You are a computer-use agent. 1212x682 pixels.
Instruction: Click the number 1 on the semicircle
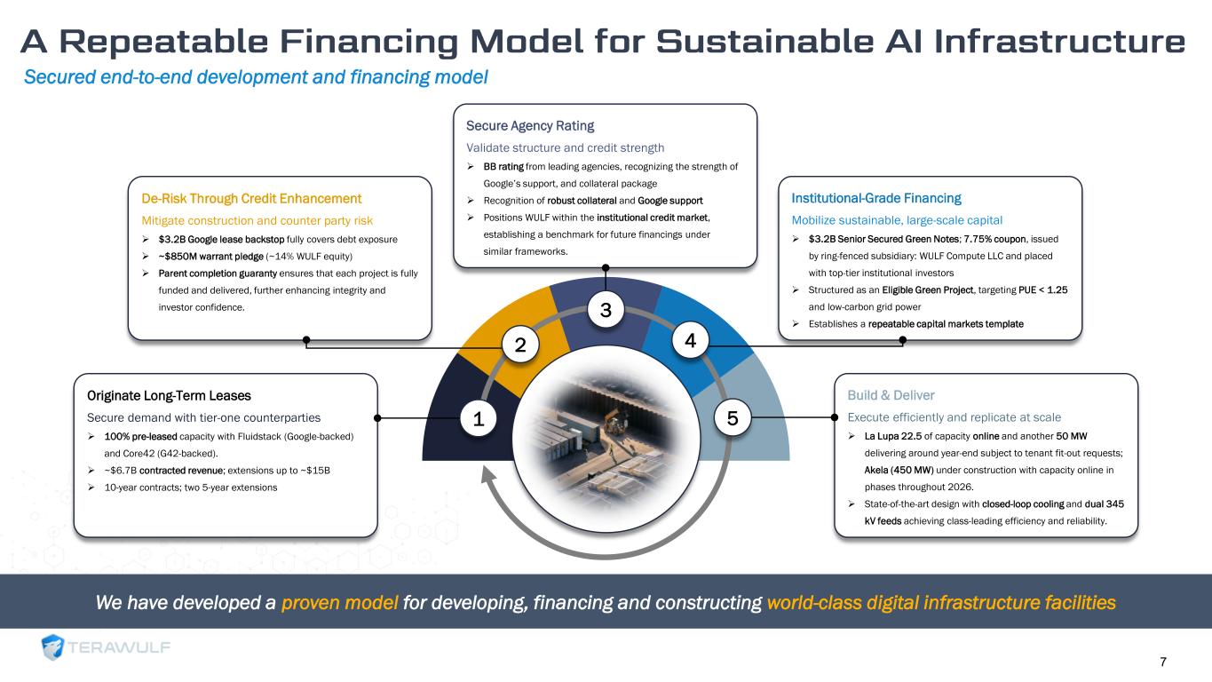(479, 417)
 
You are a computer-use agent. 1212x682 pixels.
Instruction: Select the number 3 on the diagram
(606, 310)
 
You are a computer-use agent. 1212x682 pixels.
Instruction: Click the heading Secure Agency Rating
(530, 125)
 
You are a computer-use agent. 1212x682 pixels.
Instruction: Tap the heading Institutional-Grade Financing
(875, 198)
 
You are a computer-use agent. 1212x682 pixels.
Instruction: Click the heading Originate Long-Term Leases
(169, 395)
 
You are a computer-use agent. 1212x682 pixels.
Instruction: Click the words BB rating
(502, 166)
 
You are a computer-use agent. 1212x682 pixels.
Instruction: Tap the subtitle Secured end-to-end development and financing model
(256, 78)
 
